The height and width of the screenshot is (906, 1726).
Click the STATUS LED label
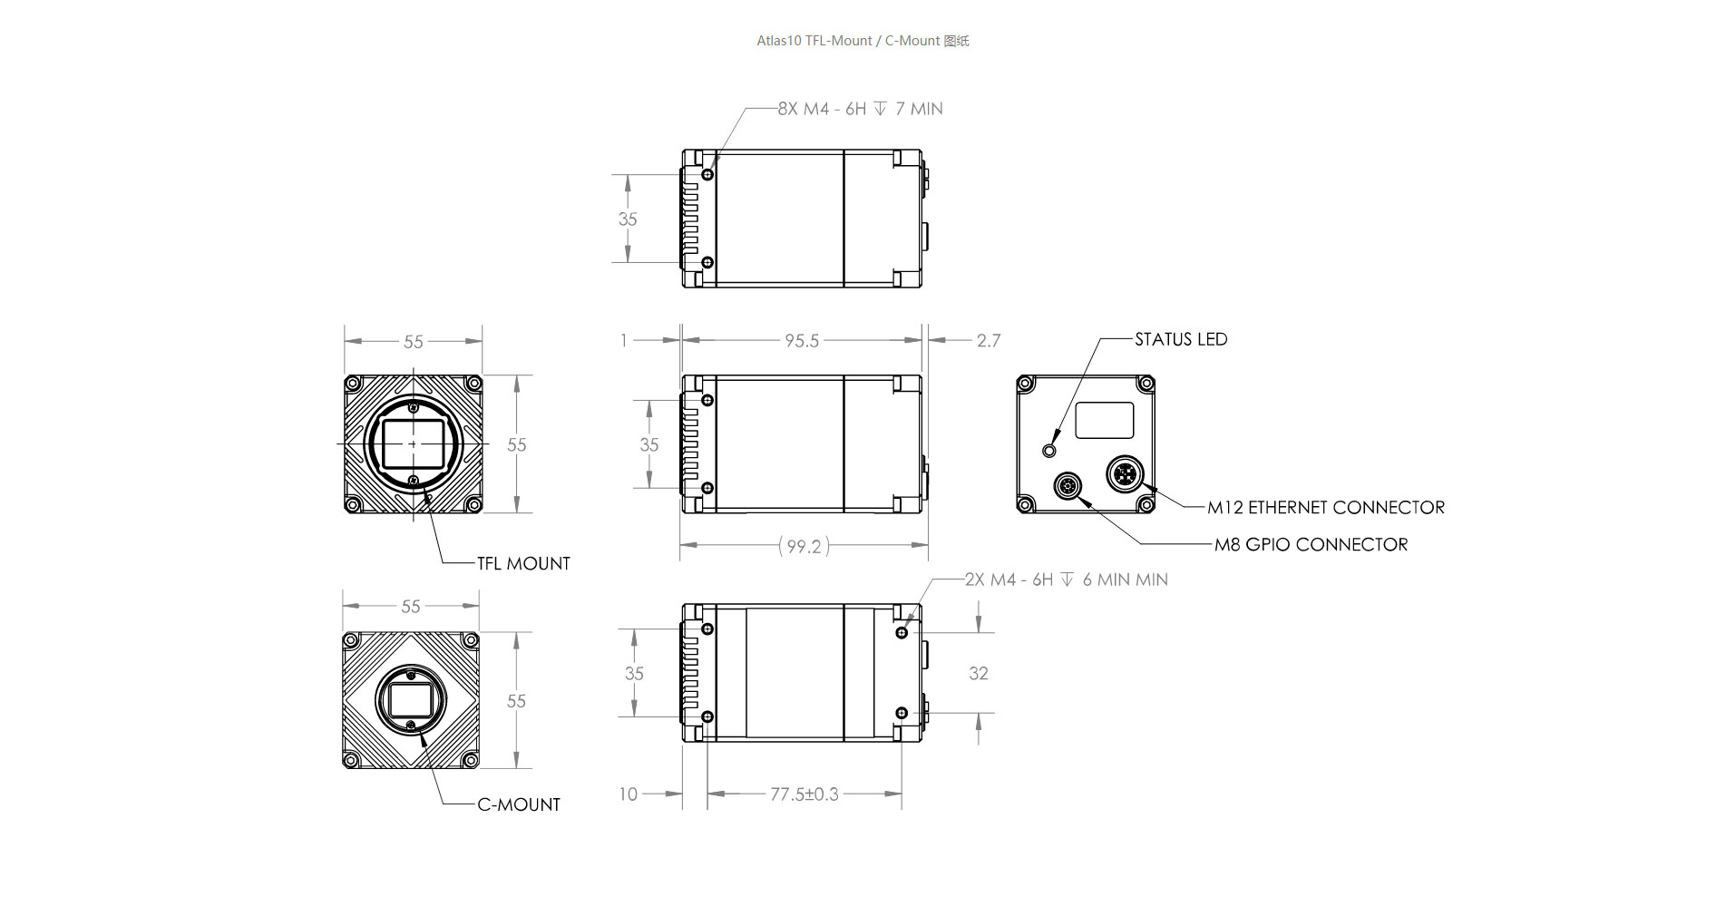point(1181,339)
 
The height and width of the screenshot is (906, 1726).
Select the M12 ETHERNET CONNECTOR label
point(1326,508)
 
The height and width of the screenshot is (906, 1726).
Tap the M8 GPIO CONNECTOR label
point(1312,545)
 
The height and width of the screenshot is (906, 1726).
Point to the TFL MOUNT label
point(523,564)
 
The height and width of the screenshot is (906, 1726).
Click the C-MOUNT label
point(519,805)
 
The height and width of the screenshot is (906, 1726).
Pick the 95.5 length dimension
point(802,341)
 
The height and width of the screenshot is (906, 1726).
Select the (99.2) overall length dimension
point(804,546)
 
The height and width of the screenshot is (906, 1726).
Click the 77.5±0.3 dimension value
point(804,794)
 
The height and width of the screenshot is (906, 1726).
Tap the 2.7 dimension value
point(989,341)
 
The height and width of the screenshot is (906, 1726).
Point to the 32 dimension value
point(979,674)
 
